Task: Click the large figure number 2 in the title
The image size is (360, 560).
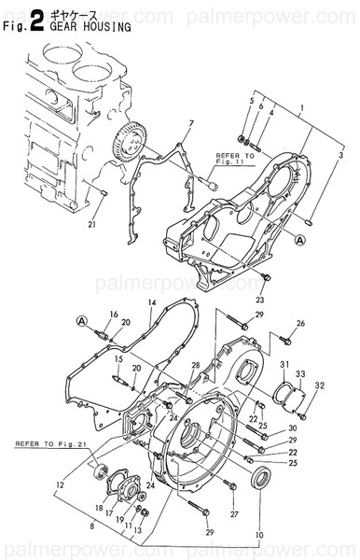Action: pos(35,21)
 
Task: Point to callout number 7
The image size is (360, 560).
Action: pos(190,122)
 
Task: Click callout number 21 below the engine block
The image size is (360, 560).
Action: pos(91,224)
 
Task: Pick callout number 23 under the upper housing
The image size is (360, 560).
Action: pos(259,300)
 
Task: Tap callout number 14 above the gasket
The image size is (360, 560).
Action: pos(151,302)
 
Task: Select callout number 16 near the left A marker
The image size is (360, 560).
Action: pos(114,314)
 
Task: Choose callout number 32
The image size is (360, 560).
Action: pos(319,385)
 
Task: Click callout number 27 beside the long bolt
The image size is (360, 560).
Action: pos(234,513)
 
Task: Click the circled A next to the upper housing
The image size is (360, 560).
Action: pos(300,240)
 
